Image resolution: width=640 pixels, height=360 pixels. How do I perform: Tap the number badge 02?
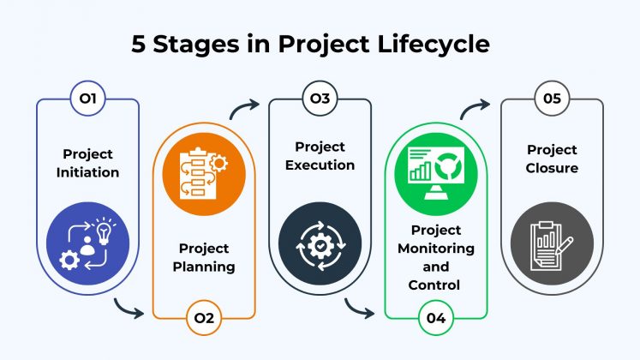(204, 319)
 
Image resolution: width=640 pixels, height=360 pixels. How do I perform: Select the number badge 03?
(320, 99)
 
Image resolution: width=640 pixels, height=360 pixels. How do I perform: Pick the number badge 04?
(435, 319)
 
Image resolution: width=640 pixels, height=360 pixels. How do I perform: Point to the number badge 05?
(552, 99)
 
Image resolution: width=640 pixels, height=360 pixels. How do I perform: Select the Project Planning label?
(204, 256)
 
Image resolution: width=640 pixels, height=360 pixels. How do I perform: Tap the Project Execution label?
(320, 155)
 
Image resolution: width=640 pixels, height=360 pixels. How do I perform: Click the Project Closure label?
(552, 159)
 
